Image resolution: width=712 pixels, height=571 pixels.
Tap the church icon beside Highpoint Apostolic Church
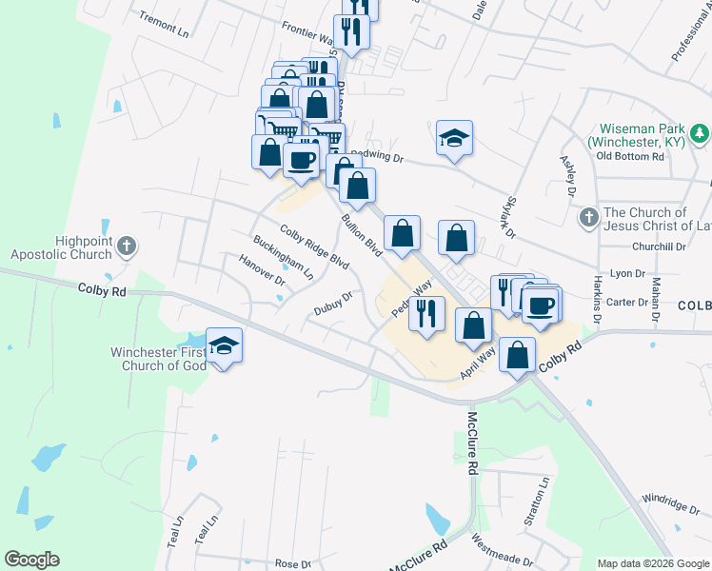[x=127, y=248]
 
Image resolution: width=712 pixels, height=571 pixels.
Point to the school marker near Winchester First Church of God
[x=224, y=345]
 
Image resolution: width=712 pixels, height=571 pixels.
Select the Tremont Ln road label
[x=164, y=24]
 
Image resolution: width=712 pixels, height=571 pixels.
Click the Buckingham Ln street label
[x=283, y=257]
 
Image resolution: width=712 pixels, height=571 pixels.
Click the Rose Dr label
[x=287, y=563]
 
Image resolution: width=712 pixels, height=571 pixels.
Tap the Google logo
[x=31, y=560]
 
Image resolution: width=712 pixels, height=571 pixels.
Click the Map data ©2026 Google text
[x=652, y=563]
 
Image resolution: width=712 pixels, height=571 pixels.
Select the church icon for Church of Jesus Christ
[x=588, y=218]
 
